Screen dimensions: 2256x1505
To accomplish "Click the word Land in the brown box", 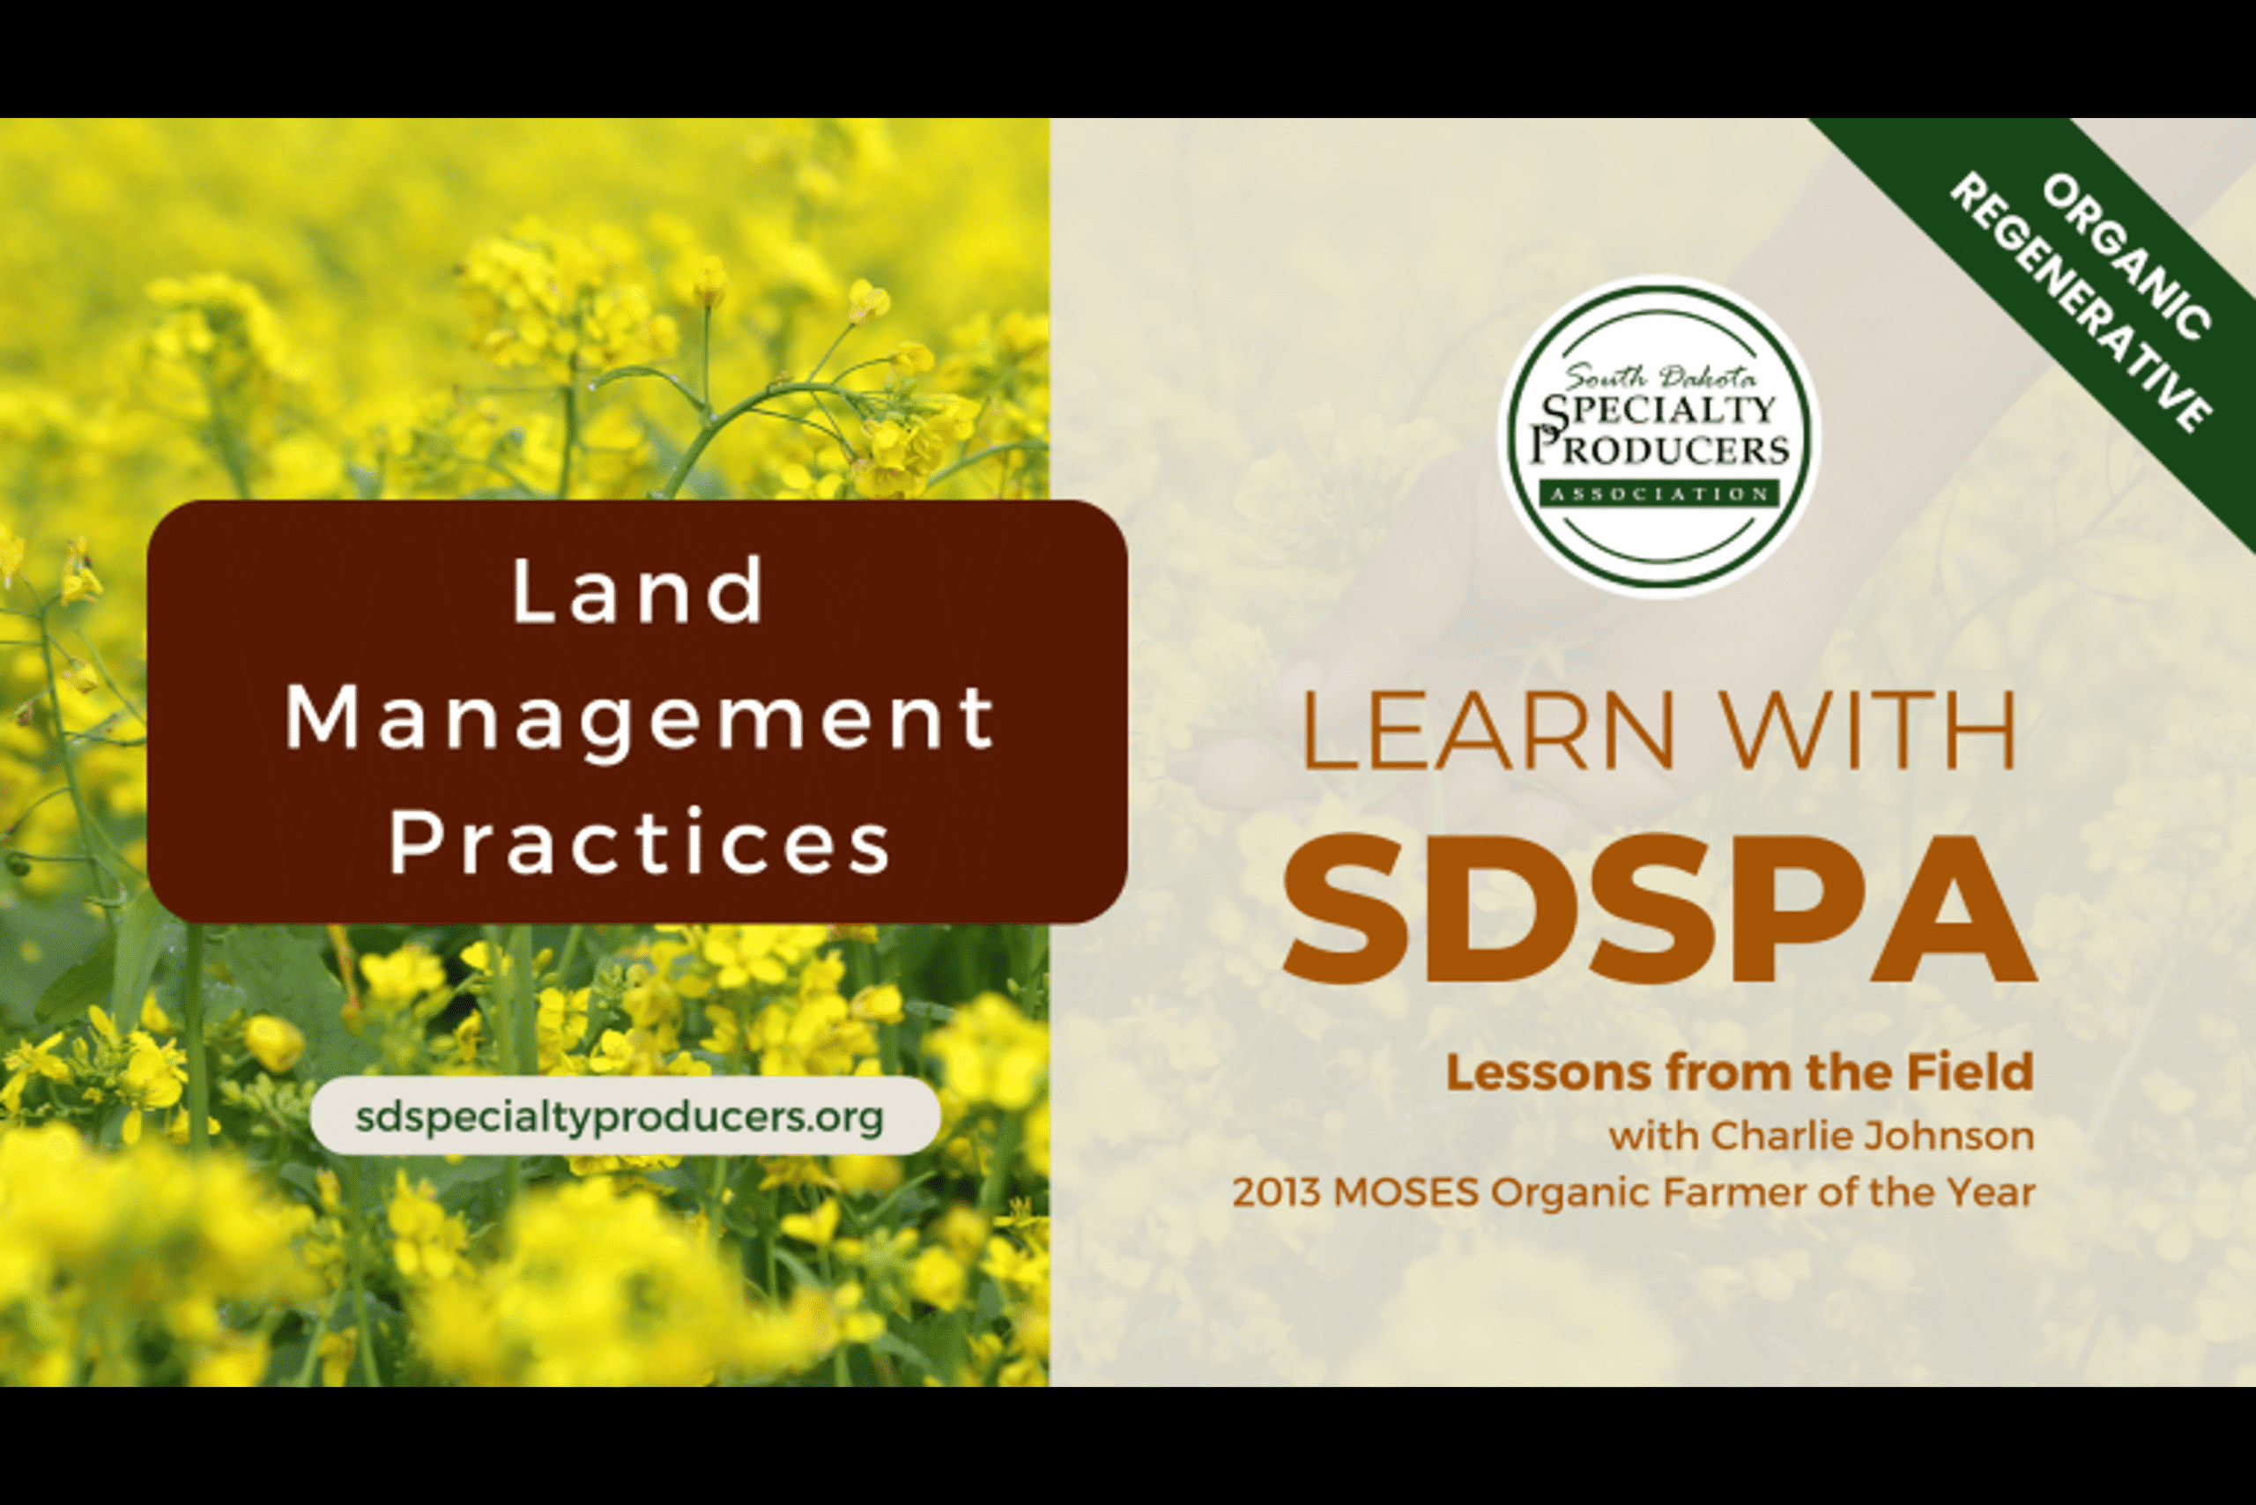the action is (x=637, y=591).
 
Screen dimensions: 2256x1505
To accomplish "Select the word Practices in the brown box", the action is (x=641, y=841).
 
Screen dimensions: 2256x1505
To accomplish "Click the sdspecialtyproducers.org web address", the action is (x=620, y=1116).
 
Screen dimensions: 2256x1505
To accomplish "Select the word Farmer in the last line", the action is (x=1726, y=1193).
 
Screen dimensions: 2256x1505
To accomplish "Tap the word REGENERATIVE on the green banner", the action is (x=2082, y=304).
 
